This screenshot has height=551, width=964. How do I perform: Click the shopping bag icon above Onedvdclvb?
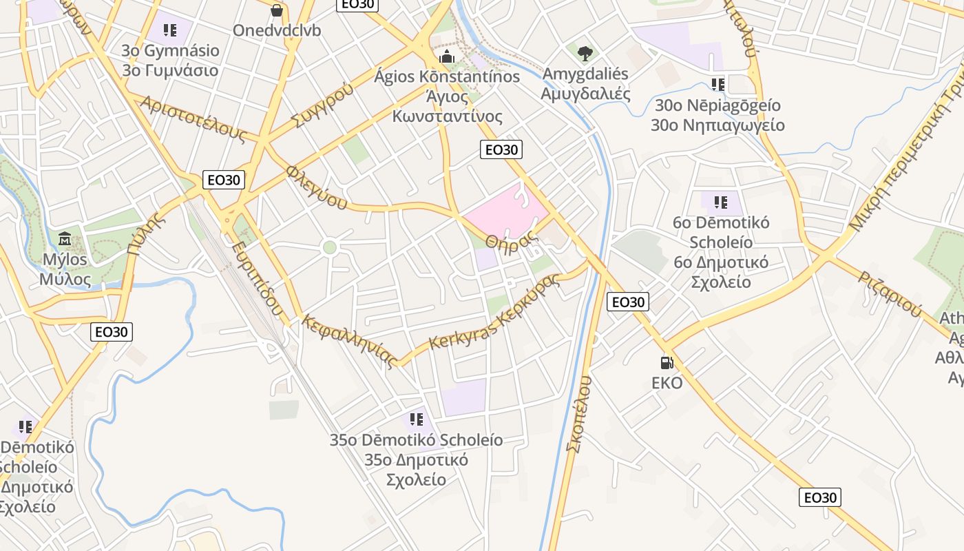(x=277, y=10)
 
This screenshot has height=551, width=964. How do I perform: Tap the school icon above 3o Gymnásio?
(x=170, y=30)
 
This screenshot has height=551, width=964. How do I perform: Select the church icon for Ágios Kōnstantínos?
(x=446, y=56)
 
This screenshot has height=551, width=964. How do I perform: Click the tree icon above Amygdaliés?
(x=585, y=52)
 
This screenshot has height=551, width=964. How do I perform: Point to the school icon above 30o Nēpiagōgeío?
(x=718, y=85)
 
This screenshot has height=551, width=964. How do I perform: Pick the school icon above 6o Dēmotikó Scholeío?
(x=721, y=202)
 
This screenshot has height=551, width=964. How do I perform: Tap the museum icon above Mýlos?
(x=65, y=239)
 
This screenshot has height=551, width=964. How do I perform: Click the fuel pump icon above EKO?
(x=667, y=362)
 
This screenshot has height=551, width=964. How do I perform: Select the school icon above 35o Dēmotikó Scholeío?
(x=416, y=419)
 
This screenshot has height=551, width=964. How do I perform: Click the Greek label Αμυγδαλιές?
(x=586, y=93)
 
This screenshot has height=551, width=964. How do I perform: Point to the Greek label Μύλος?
(x=65, y=279)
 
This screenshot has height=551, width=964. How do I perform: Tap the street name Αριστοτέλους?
(x=193, y=118)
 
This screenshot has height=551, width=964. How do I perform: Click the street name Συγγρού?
(x=322, y=105)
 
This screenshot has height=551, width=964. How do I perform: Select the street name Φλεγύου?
(x=316, y=186)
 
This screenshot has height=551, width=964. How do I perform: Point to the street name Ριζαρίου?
(x=890, y=294)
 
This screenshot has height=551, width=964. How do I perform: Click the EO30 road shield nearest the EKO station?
(x=628, y=302)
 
